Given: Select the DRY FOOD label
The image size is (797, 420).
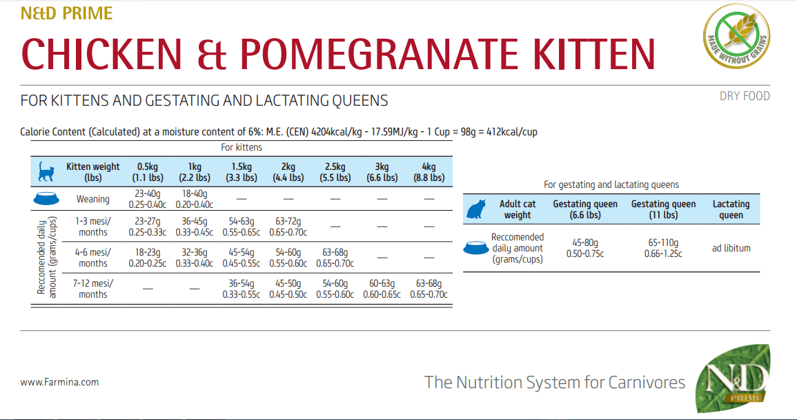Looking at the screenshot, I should [x=745, y=96].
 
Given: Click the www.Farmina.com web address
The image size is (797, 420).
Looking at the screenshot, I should [x=59, y=382].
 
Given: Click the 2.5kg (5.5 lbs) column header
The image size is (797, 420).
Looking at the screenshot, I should [x=335, y=172].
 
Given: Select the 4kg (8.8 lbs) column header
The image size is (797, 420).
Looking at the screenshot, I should [x=429, y=172].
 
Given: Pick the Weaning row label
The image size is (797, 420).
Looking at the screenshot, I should [x=93, y=199].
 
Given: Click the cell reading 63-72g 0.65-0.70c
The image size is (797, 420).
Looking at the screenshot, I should [x=288, y=227].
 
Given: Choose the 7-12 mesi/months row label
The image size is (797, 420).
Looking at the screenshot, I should [x=93, y=289].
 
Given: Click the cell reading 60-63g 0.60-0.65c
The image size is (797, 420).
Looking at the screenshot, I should [x=382, y=289].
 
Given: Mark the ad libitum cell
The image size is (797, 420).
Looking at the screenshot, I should [x=731, y=248].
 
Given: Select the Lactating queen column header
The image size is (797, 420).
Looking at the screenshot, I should [x=731, y=209].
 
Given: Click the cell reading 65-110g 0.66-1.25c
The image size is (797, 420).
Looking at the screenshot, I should [x=664, y=248].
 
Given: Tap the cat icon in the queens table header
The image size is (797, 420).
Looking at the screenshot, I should [x=475, y=209].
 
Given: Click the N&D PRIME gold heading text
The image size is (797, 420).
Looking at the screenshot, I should [x=66, y=13].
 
